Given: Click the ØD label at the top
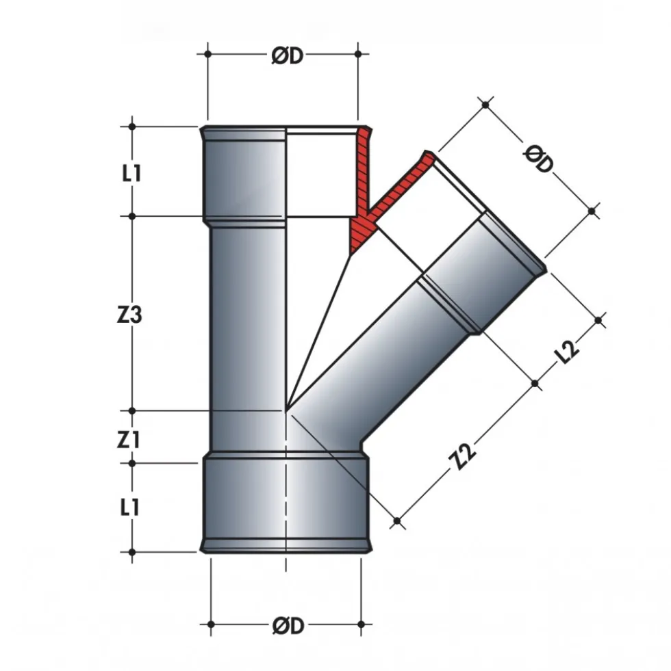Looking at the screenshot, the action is click(288, 55).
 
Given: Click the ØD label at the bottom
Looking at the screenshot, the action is click(288, 626).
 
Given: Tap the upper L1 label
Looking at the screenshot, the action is click(131, 173).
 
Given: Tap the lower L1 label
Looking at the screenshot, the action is click(129, 508).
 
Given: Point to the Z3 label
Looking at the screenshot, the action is click(129, 315).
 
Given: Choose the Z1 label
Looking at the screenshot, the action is click(128, 440).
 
